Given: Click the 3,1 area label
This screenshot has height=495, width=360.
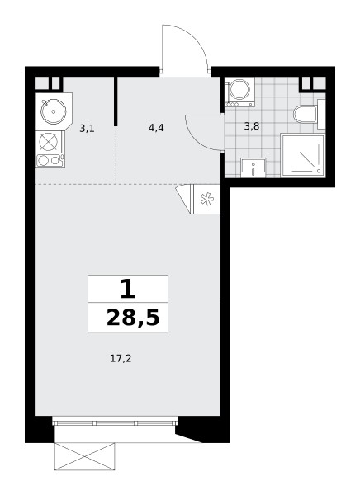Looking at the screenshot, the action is [87, 129].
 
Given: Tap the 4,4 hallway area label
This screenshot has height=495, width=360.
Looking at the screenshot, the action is [156, 128].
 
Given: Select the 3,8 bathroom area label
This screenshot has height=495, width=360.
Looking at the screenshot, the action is [252, 126].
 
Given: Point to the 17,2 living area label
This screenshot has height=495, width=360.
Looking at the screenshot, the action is [121, 358].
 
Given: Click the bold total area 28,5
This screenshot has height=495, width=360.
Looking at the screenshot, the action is [133, 318].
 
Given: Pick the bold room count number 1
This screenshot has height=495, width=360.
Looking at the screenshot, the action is [128, 290].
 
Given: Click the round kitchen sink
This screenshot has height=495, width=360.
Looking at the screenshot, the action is [54, 111].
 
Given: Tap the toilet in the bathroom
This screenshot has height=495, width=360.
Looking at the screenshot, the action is [306, 114].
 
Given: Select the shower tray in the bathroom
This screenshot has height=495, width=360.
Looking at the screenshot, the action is [302, 155].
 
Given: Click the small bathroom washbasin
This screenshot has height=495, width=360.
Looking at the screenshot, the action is [253, 167].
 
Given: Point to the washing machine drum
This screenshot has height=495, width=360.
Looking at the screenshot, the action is [239, 90].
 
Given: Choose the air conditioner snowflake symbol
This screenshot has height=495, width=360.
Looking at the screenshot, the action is [207, 199].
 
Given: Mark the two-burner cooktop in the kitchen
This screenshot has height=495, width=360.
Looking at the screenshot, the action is [50, 160].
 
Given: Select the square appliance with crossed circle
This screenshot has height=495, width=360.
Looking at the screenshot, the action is [50, 142].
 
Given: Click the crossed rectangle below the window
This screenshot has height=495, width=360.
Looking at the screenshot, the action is [85, 456].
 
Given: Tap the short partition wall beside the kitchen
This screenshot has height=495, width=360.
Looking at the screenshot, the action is [116, 101].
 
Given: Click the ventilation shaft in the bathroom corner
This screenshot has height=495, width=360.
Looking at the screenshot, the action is [313, 83].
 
